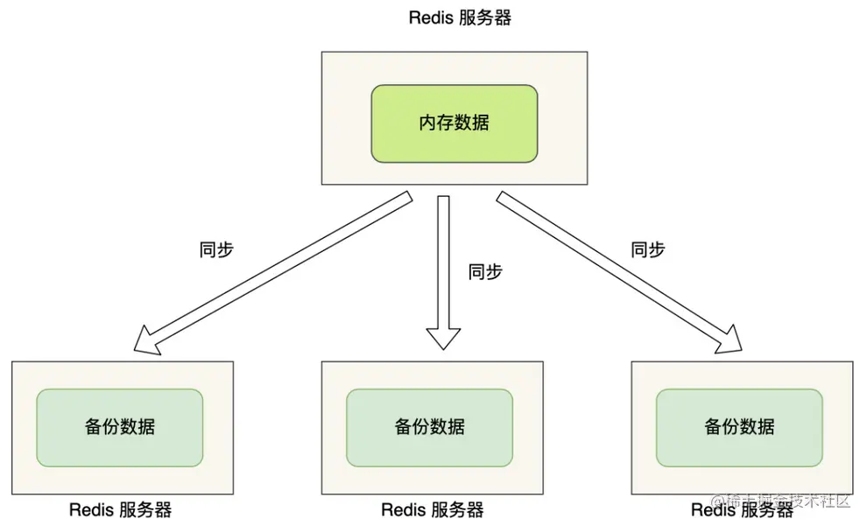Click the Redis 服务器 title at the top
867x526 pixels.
(460, 18)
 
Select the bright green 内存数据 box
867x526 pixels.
(454, 123)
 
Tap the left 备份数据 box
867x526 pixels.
(120, 427)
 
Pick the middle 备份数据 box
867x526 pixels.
(429, 427)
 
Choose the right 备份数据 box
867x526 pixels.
(739, 427)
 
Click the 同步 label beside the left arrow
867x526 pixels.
(217, 250)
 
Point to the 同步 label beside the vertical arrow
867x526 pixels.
(486, 272)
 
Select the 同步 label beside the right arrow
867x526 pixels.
(648, 250)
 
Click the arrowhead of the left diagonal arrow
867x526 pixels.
(149, 341)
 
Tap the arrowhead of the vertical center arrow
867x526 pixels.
(443, 338)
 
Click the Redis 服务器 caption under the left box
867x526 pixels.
(120, 510)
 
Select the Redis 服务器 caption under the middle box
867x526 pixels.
(432, 510)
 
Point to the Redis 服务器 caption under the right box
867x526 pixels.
(741, 510)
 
